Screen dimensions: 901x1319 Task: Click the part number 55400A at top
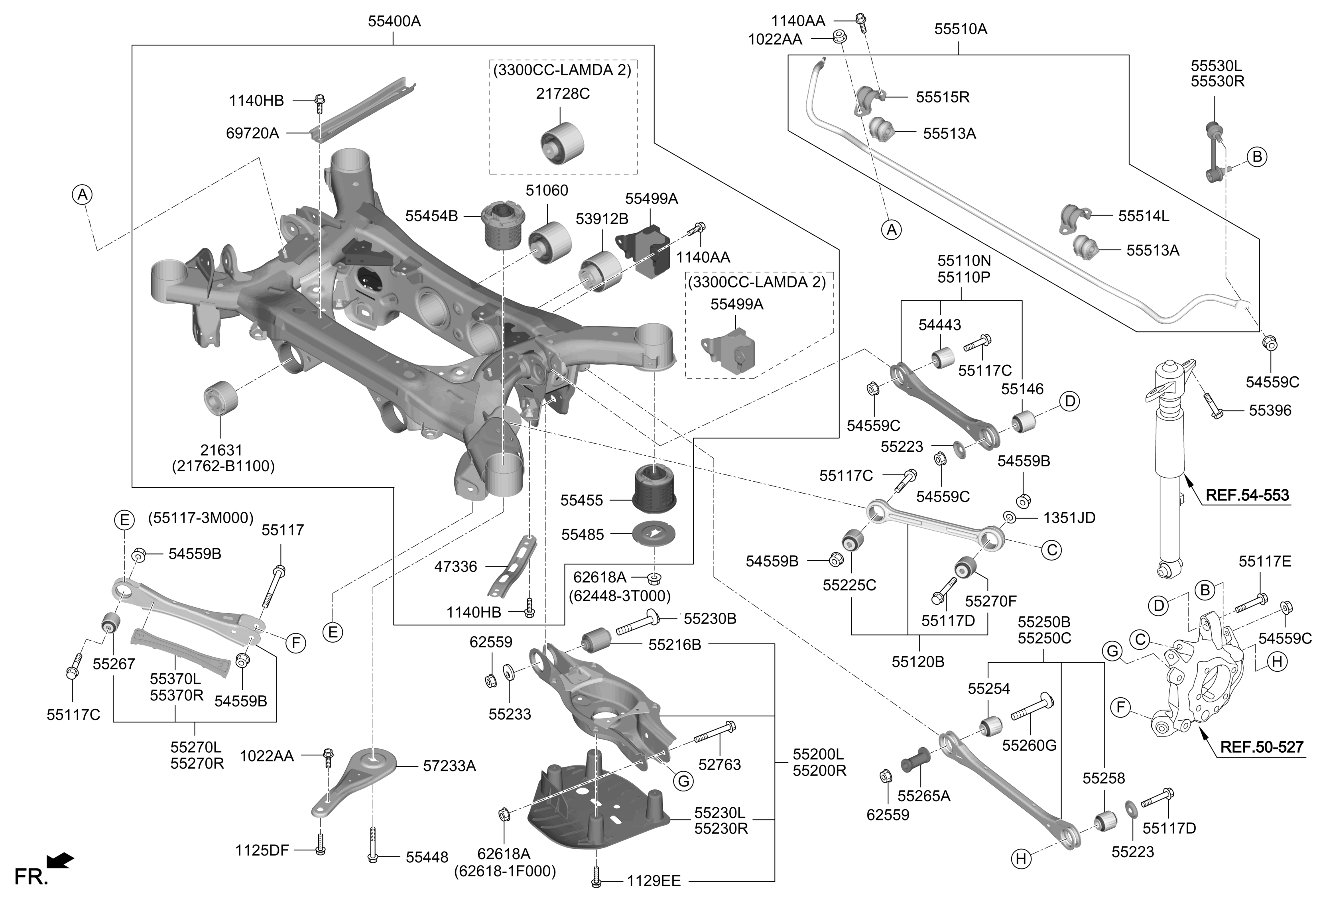click(394, 22)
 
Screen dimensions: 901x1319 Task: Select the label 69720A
click(252, 133)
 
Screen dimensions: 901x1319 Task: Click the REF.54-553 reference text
click(1247, 495)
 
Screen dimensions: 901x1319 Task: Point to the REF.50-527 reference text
click(1261, 747)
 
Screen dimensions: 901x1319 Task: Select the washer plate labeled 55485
click(654, 534)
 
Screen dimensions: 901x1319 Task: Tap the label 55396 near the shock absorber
click(1270, 410)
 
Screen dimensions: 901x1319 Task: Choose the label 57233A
click(449, 766)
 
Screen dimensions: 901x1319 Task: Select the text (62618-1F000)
click(504, 871)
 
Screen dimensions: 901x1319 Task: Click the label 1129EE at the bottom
click(653, 881)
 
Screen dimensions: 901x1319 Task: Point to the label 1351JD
click(1069, 517)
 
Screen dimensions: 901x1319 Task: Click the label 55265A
click(923, 795)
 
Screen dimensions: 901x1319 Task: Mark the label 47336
click(455, 566)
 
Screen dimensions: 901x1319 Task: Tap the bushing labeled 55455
click(654, 488)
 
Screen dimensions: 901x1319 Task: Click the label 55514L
click(1143, 216)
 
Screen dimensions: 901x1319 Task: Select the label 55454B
click(431, 216)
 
